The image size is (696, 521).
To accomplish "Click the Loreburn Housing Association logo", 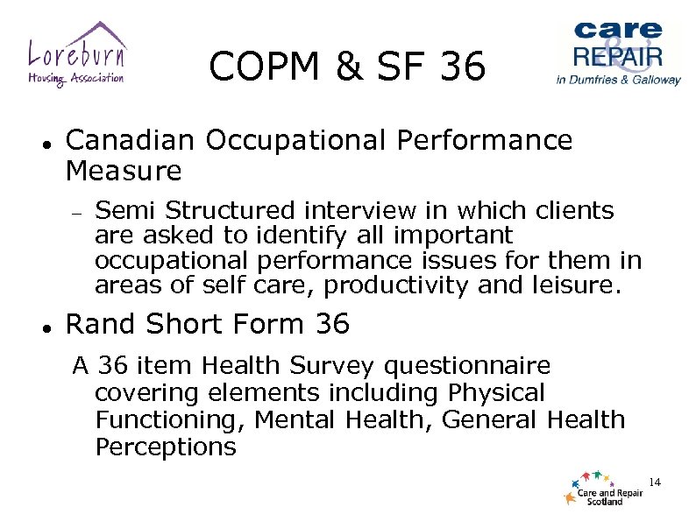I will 75,54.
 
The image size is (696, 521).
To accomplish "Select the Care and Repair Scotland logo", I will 604,489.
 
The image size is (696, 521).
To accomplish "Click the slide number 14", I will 654,482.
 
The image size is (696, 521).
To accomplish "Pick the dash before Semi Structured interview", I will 76,212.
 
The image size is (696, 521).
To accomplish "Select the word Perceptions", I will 166,447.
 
